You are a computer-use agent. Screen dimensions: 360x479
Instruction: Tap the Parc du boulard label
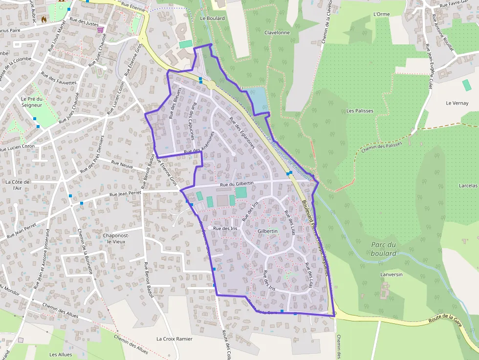pyautogui.click(x=383, y=249)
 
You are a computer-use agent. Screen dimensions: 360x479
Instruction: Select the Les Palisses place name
pyautogui.click(x=360, y=111)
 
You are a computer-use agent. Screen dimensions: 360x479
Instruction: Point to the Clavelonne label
pyautogui.click(x=277, y=33)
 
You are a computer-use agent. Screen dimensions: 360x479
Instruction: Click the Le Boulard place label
pyautogui.click(x=213, y=18)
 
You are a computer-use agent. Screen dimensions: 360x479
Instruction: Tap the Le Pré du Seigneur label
pyautogui.click(x=32, y=102)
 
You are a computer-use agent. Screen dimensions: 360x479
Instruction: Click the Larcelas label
pyautogui.click(x=468, y=186)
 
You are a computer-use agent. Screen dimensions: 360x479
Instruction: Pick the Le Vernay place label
pyautogui.click(x=457, y=103)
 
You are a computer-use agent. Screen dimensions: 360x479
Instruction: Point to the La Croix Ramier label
pyautogui.click(x=174, y=339)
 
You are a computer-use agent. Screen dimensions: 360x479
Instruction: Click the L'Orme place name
pyautogui.click(x=381, y=14)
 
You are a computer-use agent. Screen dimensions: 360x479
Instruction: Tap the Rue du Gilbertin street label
pyautogui.click(x=237, y=184)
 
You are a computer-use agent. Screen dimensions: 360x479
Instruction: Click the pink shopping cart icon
pyautogui.click(x=100, y=30)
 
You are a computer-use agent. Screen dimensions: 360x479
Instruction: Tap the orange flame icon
pyautogui.click(x=44, y=20)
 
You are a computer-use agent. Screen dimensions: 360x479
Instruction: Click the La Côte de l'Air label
pyautogui.click(x=18, y=185)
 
